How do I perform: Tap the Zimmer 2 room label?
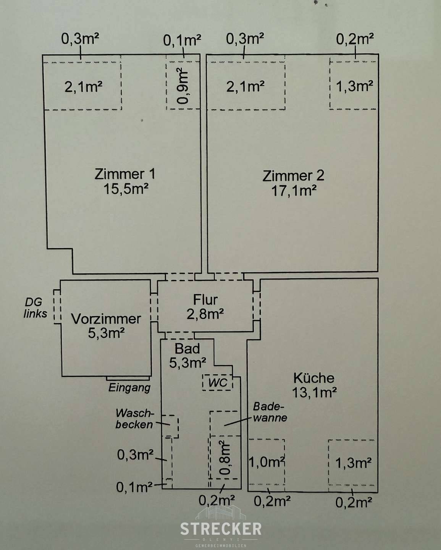(293, 176)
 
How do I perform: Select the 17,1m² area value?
(293, 191)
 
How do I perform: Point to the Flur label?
(205, 299)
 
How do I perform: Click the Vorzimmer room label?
(106, 319)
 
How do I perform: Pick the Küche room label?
(313, 378)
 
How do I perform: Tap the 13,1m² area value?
(314, 392)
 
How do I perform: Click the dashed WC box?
(218, 382)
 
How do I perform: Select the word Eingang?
(129, 388)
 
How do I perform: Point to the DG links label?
(36, 308)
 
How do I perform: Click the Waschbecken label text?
(134, 419)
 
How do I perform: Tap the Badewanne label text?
(270, 412)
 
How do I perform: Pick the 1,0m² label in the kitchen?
(267, 463)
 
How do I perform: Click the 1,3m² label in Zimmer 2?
(354, 86)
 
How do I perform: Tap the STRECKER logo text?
(221, 529)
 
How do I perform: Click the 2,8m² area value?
(205, 314)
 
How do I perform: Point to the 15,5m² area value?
(126, 189)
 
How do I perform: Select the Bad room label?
(187, 348)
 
